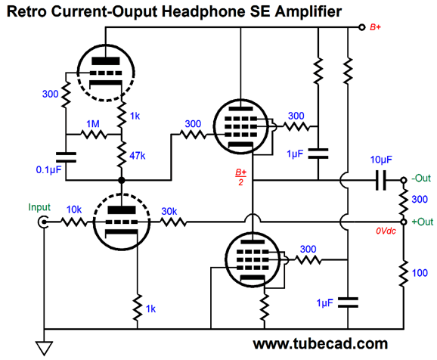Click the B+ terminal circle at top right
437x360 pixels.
click(361, 27)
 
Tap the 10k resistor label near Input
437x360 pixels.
click(74, 209)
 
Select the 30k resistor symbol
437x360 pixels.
click(173, 222)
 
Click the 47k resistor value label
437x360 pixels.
click(138, 156)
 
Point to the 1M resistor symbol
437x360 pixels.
click(93, 135)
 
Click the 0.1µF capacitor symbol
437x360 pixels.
click(66, 157)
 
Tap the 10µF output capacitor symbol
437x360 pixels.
click(381, 180)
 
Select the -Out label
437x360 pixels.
click(421, 178)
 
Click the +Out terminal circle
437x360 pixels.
click(403, 222)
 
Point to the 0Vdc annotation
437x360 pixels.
click(386, 231)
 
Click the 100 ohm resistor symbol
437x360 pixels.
click(403, 273)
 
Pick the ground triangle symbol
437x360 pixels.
click(45, 349)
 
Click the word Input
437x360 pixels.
click(39, 207)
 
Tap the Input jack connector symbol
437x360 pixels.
click(42, 222)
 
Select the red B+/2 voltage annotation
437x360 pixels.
click(240, 177)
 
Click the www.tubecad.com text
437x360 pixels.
click(321, 343)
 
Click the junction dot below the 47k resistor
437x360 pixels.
click(122, 180)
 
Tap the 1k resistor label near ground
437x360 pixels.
click(150, 309)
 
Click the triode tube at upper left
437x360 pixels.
click(106, 73)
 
